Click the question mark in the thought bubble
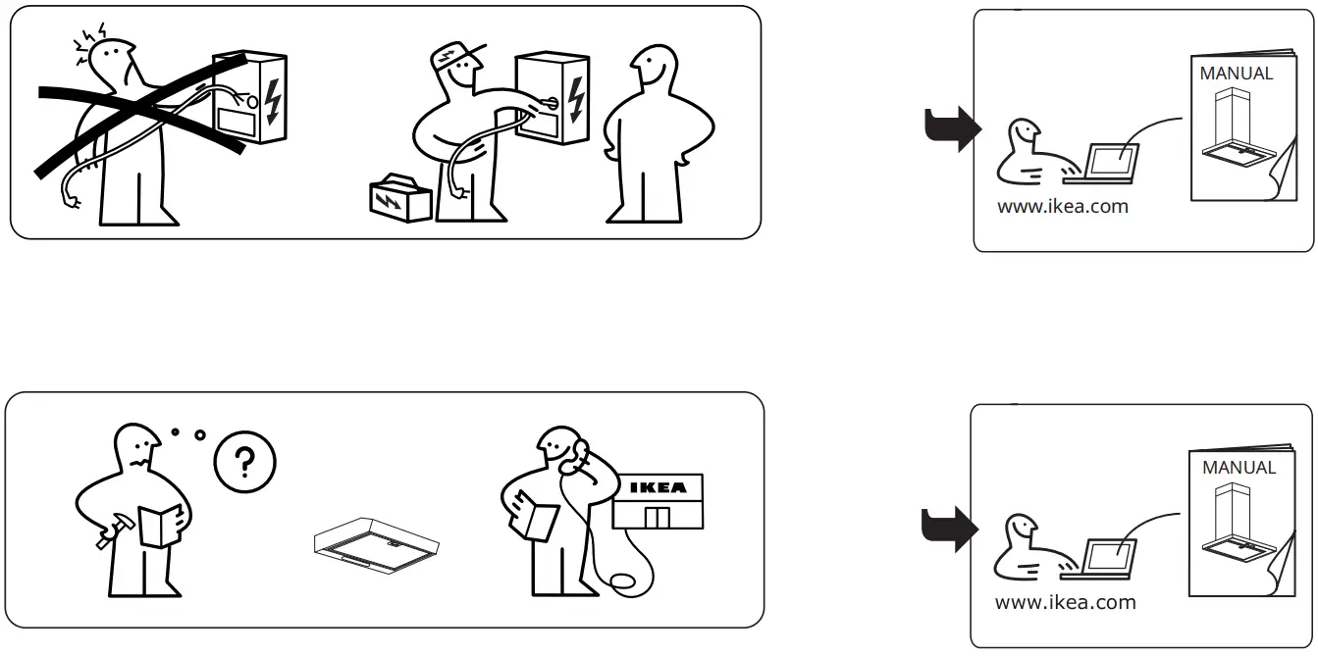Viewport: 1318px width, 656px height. click(x=244, y=461)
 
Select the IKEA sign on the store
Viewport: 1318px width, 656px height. click(x=658, y=487)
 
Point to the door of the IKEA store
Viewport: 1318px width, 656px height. click(x=657, y=517)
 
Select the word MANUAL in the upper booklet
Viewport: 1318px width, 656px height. click(x=1236, y=74)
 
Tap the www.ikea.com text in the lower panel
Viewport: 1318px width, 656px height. click(x=1065, y=602)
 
